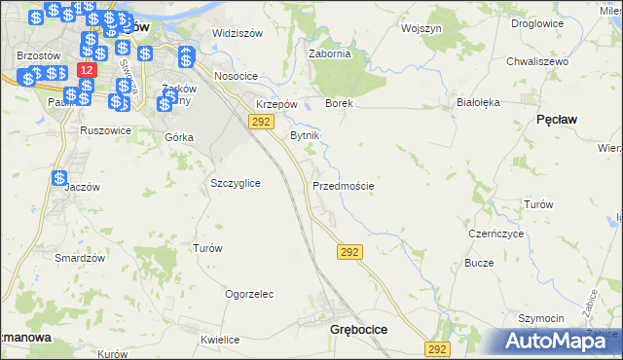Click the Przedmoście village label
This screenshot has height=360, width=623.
point(343,185)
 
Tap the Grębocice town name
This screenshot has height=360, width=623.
point(359,330)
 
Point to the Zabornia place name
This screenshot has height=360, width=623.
point(329,54)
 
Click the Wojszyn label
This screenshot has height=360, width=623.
point(421,29)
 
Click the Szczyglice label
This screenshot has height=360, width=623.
point(235,183)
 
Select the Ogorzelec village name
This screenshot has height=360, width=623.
point(249,294)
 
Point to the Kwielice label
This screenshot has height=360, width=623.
point(220,340)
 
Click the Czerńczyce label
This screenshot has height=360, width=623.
point(496,234)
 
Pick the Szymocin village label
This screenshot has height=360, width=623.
point(540,319)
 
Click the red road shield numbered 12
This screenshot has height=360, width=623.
point(87,71)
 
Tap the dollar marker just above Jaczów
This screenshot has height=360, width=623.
point(59,179)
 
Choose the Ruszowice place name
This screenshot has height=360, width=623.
point(106,129)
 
